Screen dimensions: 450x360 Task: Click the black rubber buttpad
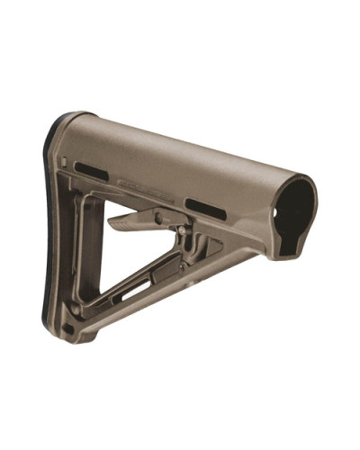(x=51, y=225)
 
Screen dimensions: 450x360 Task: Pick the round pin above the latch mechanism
(x=158, y=216)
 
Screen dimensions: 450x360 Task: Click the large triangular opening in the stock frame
(x=135, y=261)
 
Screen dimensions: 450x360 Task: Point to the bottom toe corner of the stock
(x=74, y=341)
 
